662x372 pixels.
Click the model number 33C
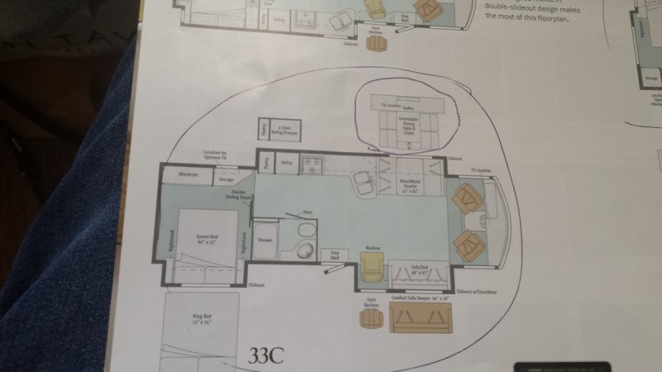tap(266, 356)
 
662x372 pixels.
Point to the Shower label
tap(265, 241)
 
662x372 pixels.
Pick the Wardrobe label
tap(187, 174)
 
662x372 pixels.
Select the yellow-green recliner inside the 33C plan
tap(372, 266)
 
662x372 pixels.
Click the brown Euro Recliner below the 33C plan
tap(370, 316)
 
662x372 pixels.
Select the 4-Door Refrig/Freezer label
tap(288, 129)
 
